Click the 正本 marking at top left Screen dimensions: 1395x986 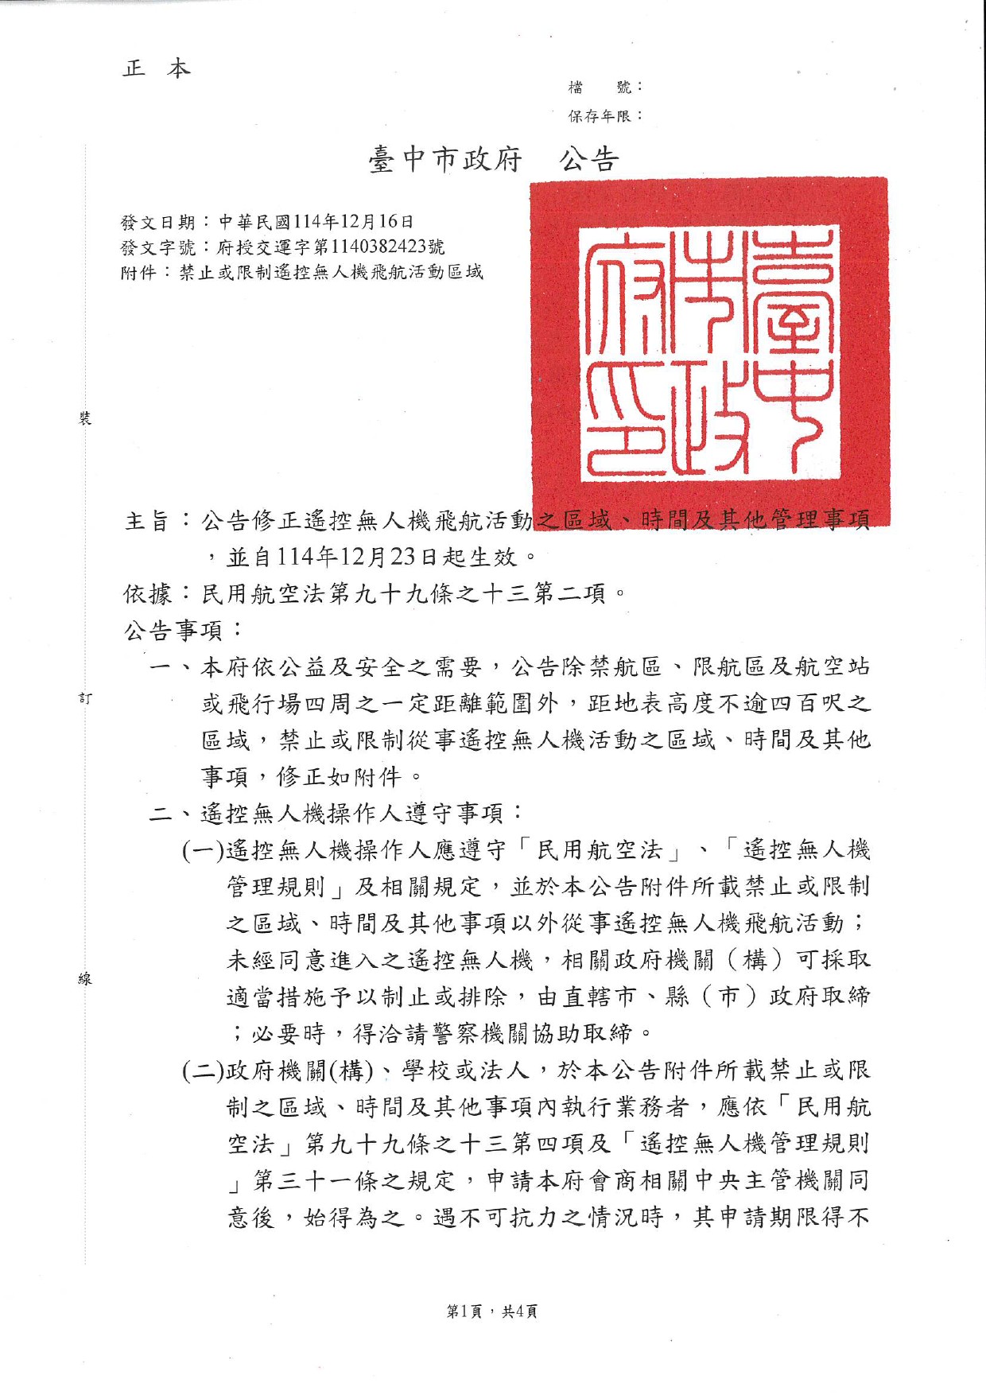click(157, 69)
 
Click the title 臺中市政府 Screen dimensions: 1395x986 click(444, 160)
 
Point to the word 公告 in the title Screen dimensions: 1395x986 click(588, 160)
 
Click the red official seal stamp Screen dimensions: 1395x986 click(708, 351)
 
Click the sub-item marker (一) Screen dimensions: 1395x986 click(204, 850)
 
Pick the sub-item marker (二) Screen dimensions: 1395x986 click(204, 1071)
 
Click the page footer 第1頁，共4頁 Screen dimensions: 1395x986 click(492, 1311)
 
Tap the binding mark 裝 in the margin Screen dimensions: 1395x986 click(85, 418)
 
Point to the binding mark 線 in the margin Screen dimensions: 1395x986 click(85, 979)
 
